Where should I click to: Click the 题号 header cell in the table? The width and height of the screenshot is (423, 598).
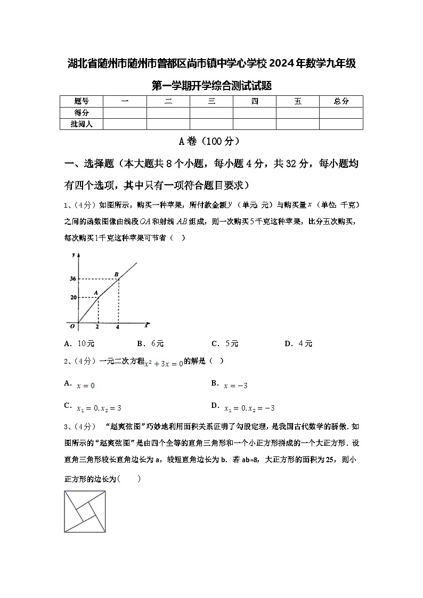82,101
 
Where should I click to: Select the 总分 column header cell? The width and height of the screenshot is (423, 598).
341,101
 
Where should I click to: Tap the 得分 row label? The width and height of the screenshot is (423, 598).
82,112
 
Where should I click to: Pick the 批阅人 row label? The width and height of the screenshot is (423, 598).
82,124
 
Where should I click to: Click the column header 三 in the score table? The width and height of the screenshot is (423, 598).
211,101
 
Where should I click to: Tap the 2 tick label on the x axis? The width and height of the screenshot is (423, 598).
97,326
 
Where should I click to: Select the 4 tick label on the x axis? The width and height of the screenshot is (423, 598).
118,326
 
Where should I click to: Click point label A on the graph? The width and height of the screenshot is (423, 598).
96,292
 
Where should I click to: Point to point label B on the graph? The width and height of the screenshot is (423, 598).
117,274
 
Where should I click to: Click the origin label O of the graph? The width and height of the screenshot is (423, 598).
72,325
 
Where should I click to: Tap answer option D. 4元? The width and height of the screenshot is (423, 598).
298,343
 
